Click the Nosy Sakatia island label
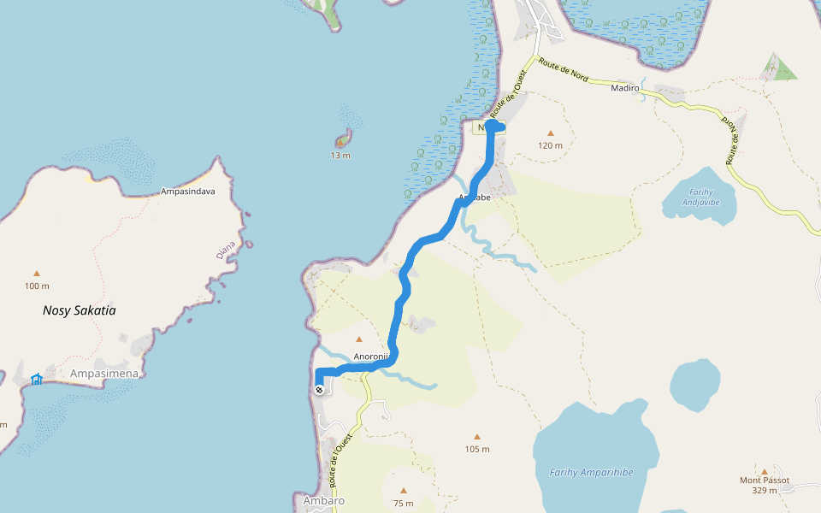[x=79, y=310]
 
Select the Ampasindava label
[x=187, y=192]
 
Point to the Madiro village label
[x=626, y=87]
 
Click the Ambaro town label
[x=324, y=500]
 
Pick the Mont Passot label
[x=765, y=480]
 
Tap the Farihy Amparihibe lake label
[x=591, y=472]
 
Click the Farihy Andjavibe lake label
[x=699, y=197]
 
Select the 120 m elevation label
[x=550, y=145]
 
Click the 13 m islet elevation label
[x=341, y=155]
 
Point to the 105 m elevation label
[x=477, y=449]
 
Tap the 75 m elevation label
[x=403, y=504]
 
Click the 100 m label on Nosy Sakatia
[x=37, y=286]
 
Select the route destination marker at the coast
[x=319, y=390]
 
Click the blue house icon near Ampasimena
[x=37, y=379]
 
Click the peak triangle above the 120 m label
[x=550, y=133]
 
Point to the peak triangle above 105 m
[x=477, y=436]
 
